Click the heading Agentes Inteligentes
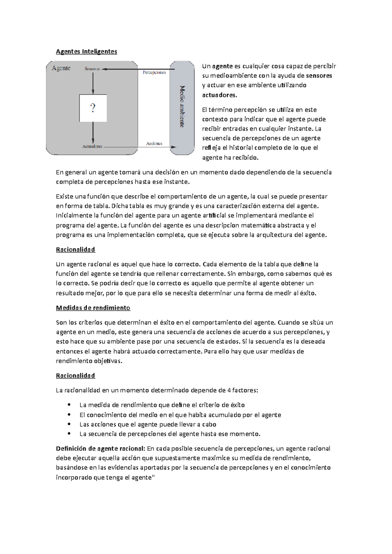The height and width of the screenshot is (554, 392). pyautogui.click(x=86, y=52)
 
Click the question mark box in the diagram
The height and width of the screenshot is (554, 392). pyautogui.click(x=93, y=108)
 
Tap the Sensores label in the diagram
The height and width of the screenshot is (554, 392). pyautogui.click(x=92, y=69)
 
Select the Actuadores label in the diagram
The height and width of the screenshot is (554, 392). pyautogui.click(x=92, y=146)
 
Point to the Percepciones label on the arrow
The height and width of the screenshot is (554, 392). pyautogui.click(x=154, y=72)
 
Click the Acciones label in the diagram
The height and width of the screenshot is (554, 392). pyautogui.click(x=154, y=143)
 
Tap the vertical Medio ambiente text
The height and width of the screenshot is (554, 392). pyautogui.click(x=182, y=106)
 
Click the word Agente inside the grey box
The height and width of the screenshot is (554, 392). pyautogui.click(x=61, y=68)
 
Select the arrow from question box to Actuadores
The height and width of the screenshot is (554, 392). pyautogui.click(x=93, y=132)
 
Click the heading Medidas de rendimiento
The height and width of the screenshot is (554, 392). pyautogui.click(x=93, y=308)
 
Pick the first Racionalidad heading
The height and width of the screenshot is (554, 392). pyautogui.click(x=75, y=250)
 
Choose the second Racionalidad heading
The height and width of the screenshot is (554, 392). pyautogui.click(x=75, y=376)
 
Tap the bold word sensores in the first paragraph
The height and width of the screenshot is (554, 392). pyautogui.click(x=319, y=76)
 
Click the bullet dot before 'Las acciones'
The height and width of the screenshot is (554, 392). pyautogui.click(x=69, y=424)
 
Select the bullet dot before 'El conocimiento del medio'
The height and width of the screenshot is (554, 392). pyautogui.click(x=69, y=415)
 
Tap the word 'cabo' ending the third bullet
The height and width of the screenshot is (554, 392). pyautogui.click(x=209, y=424)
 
